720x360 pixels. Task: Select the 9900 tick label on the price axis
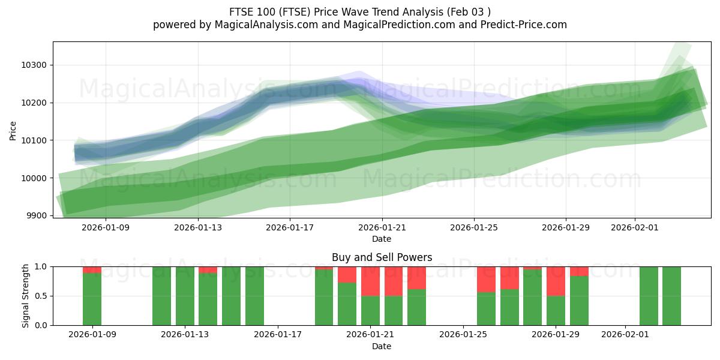37,216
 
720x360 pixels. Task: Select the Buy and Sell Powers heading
382,257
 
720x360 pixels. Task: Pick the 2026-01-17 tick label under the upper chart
290,227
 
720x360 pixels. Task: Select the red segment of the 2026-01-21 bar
370,281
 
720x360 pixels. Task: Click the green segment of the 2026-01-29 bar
556,311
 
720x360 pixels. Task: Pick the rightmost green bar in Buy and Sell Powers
671,296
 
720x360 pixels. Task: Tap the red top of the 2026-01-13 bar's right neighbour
208,269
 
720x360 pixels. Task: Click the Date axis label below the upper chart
382,239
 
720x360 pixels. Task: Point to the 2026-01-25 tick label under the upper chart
474,227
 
